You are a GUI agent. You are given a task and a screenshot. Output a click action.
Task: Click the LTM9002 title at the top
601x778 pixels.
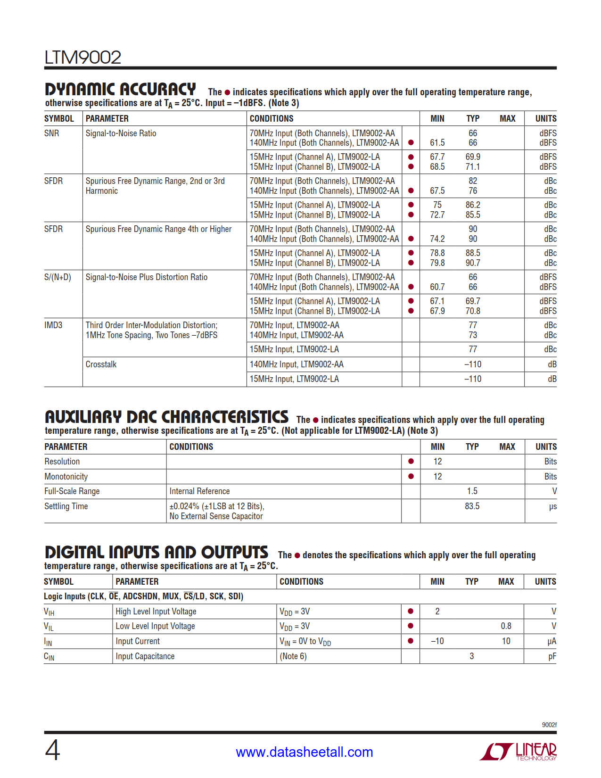(x=83, y=58)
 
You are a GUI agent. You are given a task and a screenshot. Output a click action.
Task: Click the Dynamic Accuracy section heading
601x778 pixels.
(x=120, y=89)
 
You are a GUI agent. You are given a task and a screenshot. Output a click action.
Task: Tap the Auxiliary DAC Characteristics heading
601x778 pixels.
(x=166, y=417)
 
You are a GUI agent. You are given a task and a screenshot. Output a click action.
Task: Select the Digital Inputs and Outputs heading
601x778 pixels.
(x=156, y=552)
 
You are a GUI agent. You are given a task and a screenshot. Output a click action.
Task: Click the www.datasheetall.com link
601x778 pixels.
(x=304, y=752)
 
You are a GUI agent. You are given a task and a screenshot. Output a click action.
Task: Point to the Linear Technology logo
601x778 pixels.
(x=518, y=751)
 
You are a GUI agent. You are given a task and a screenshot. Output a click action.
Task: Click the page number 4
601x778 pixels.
(x=52, y=750)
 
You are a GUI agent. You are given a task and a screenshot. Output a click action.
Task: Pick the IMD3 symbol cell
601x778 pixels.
(x=53, y=325)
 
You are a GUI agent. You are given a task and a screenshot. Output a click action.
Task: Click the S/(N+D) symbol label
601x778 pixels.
(x=58, y=277)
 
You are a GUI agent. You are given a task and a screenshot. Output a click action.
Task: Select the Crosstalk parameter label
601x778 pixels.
(x=101, y=364)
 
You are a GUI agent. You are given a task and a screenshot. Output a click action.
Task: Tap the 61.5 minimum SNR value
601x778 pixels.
(x=437, y=143)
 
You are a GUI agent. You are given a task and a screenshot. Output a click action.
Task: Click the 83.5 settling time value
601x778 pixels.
(x=472, y=506)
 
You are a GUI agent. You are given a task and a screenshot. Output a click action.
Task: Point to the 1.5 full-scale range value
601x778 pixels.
(x=472, y=491)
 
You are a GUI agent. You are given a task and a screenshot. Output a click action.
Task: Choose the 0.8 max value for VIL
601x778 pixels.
(x=506, y=626)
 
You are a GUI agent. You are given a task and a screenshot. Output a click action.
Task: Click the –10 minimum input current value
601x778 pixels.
(x=437, y=641)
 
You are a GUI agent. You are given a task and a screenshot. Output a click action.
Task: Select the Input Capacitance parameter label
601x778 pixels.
(x=145, y=656)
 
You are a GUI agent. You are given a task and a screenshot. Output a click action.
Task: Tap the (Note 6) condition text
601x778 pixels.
(x=293, y=656)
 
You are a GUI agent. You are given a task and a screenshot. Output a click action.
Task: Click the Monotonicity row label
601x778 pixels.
(x=66, y=477)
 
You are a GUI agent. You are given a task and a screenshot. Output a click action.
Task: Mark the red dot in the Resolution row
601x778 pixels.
(x=411, y=462)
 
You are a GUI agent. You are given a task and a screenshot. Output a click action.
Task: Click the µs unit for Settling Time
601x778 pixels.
(x=552, y=506)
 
